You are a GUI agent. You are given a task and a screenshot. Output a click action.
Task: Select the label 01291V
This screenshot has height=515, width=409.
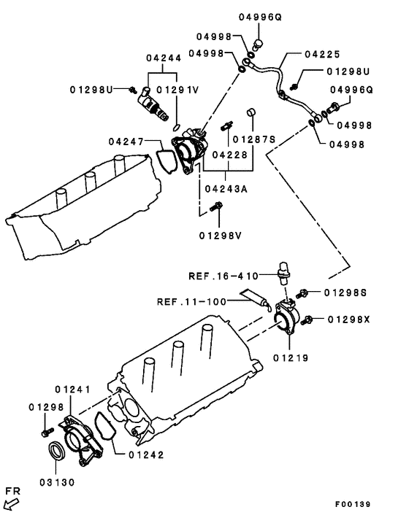point(177,90)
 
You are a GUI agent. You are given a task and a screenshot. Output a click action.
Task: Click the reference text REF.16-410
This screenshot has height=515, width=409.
point(223,276)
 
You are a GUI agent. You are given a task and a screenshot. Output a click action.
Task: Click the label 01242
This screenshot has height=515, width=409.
point(146,454)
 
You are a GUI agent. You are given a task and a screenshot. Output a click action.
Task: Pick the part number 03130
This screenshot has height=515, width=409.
point(57,482)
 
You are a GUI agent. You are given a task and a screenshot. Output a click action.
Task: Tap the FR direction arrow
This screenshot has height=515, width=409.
point(12,500)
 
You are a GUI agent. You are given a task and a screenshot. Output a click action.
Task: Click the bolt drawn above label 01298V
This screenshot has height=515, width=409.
point(214,209)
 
